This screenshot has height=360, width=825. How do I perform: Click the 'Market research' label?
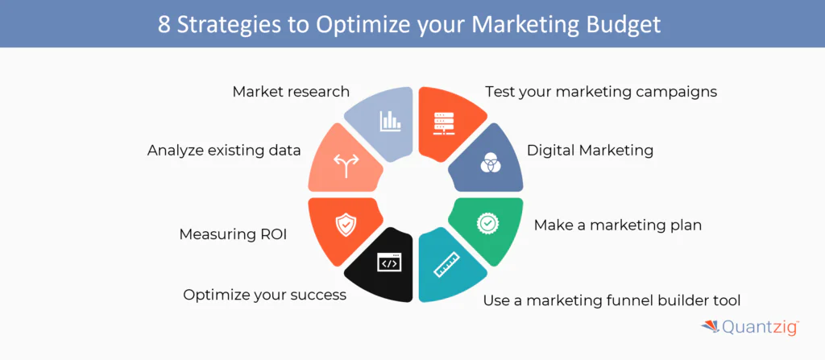[x=291, y=91]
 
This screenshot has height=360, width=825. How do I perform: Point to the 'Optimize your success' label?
[x=264, y=295]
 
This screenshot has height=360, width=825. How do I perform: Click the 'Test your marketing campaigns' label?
[x=600, y=91]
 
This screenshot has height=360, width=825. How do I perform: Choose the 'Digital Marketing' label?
[x=590, y=150]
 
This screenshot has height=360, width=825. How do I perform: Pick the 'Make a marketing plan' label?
[x=617, y=225]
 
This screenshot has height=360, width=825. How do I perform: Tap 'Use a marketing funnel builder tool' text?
[x=611, y=301]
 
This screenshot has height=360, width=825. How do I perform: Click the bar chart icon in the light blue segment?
[x=391, y=122]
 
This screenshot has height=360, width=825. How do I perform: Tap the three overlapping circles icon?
[x=490, y=163]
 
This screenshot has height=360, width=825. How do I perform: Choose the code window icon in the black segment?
[x=388, y=263]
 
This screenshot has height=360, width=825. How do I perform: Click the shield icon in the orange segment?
[x=345, y=222]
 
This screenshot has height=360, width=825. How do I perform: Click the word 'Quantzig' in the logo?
[x=758, y=328]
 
